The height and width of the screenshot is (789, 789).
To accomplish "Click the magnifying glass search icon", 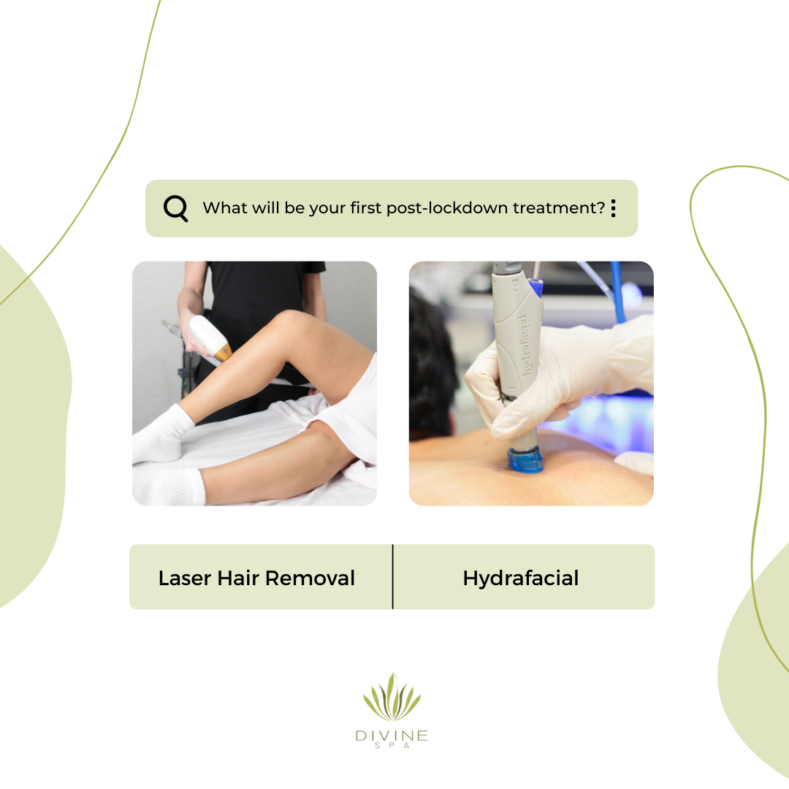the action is [x=175, y=207].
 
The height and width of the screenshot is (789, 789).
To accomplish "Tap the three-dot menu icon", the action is [x=614, y=207].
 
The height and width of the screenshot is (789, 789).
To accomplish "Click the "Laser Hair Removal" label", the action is [x=256, y=578].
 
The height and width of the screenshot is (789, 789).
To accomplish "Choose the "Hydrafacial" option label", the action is [x=521, y=579].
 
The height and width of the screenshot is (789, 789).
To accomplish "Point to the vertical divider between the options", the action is [x=392, y=576].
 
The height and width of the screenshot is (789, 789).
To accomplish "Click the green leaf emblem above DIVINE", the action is [x=392, y=697].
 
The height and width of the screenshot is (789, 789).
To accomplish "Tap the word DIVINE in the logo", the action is [x=392, y=736].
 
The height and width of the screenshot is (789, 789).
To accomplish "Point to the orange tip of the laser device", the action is [x=224, y=351].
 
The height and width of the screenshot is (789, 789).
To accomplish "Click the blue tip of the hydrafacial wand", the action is [x=525, y=460].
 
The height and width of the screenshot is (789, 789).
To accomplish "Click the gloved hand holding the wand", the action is [x=559, y=378].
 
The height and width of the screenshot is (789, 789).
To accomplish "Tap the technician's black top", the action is [x=262, y=302].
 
